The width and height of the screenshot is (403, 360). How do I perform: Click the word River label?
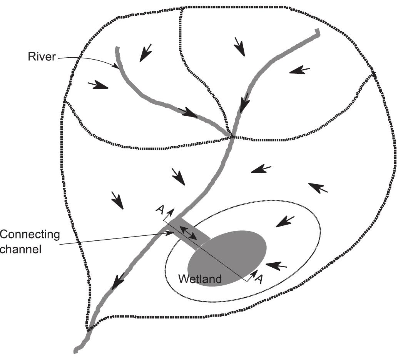[42, 57]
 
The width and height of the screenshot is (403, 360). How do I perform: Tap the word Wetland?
[200, 279]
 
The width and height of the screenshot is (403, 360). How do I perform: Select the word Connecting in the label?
[30, 235]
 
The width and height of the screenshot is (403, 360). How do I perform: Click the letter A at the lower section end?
[259, 278]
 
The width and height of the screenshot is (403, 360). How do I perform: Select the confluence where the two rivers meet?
[231, 135]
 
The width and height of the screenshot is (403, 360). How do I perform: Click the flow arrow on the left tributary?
[188, 112]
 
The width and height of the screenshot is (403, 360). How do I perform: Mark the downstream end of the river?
[76, 350]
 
